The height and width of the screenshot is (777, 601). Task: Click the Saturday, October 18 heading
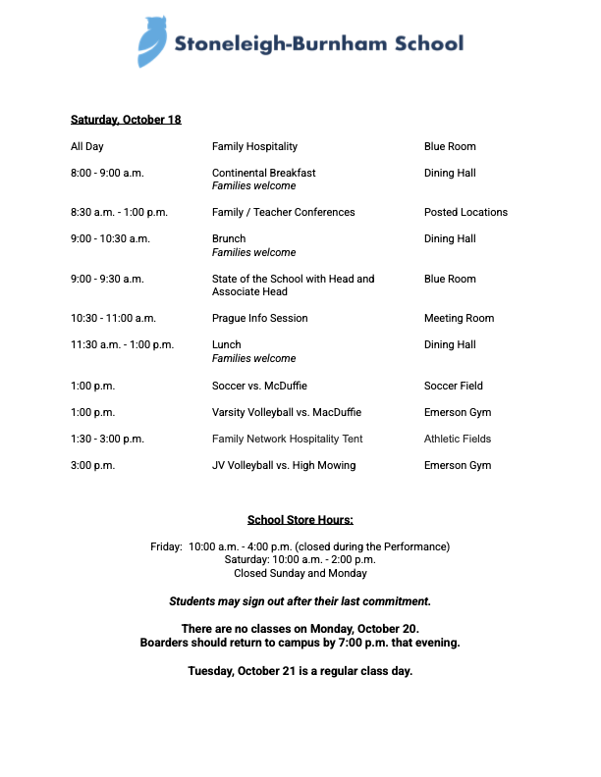point(126,120)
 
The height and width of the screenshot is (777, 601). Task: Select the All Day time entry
point(87,146)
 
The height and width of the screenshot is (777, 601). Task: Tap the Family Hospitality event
point(254,146)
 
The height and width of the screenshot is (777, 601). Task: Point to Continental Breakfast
point(264,173)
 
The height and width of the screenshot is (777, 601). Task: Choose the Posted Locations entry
point(465,212)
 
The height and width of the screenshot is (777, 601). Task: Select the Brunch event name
point(229,238)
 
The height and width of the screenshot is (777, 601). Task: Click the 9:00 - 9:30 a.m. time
point(107,279)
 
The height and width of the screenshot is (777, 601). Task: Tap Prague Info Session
point(260,318)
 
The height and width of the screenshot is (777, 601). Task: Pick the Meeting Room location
point(459,318)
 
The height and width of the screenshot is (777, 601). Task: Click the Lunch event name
point(227,344)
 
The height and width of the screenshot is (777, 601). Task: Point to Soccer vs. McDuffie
point(259,386)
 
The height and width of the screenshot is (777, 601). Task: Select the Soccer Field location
point(454,386)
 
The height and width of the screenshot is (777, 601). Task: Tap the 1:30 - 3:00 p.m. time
point(107,439)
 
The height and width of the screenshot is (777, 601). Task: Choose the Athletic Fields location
point(458,439)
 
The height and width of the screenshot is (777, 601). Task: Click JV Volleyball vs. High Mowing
point(284,465)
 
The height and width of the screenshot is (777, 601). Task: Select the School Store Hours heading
point(300,520)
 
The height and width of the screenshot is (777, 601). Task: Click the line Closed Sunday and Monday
point(300,573)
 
